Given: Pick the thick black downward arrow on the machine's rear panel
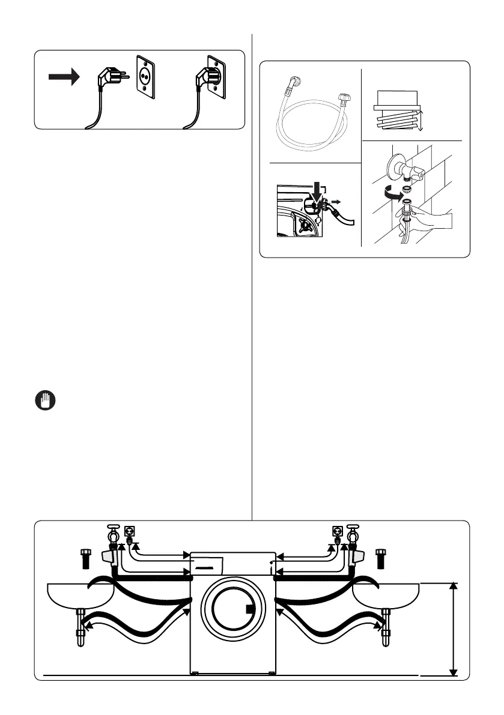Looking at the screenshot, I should click(x=314, y=198).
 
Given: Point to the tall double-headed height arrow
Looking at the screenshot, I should click(x=455, y=629).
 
